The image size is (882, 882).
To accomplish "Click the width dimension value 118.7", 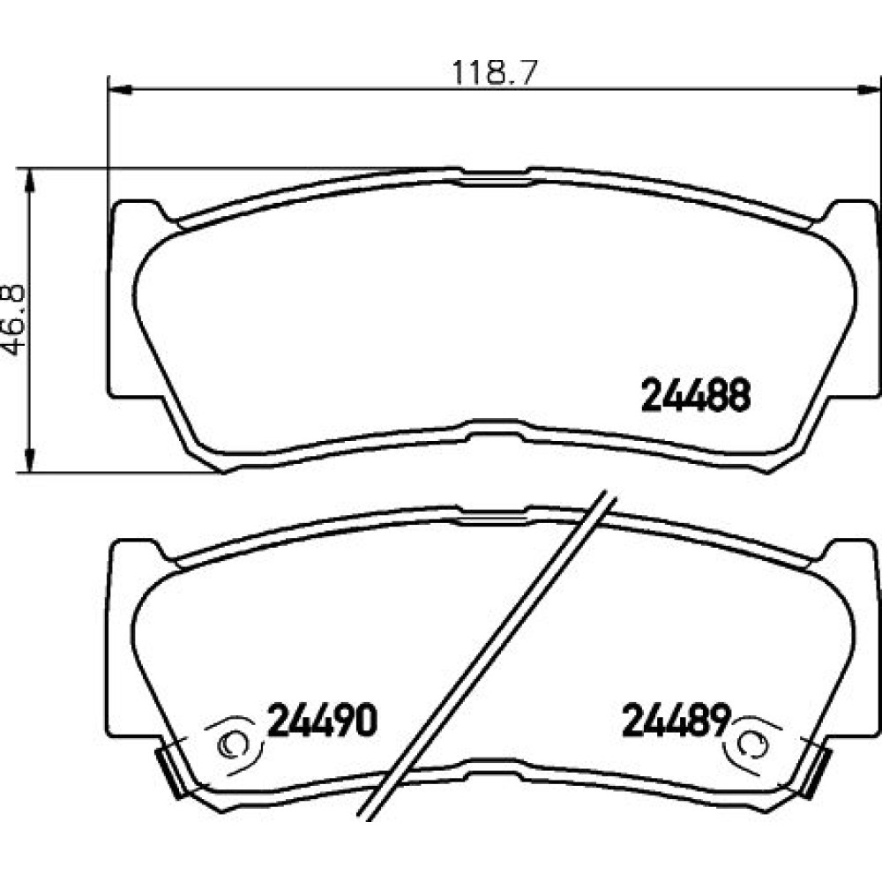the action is click(495, 72).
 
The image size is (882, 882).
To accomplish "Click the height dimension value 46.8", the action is click(14, 319).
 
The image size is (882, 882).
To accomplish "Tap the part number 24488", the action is click(695, 394).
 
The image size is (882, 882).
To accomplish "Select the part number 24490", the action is click(322, 720).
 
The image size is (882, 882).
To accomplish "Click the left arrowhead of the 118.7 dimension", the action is click(119, 89).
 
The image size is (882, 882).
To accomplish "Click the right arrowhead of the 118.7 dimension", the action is click(869, 89).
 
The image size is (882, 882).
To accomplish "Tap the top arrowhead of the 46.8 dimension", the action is click(29, 180).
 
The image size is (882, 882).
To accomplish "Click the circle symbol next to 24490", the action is click(232, 744).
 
